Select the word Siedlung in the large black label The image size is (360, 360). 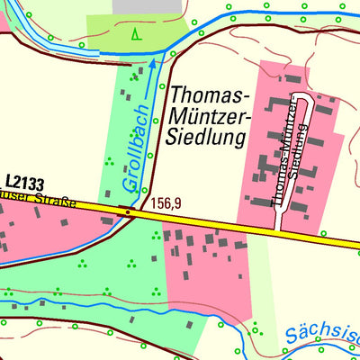[x=206, y=138]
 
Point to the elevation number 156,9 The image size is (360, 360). [x=166, y=204]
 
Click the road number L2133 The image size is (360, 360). [x=26, y=181]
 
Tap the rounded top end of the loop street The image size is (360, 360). [x=300, y=94]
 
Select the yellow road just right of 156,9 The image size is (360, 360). [x=198, y=221]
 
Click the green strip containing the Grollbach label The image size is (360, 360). [x=130, y=126]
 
